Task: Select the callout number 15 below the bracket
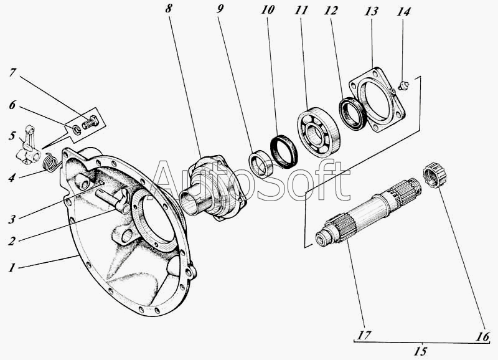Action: tap(421, 351)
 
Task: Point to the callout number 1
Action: tap(11, 268)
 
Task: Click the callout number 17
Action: tap(365, 336)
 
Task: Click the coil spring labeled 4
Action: tap(52, 163)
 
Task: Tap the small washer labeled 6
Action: tap(75, 129)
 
